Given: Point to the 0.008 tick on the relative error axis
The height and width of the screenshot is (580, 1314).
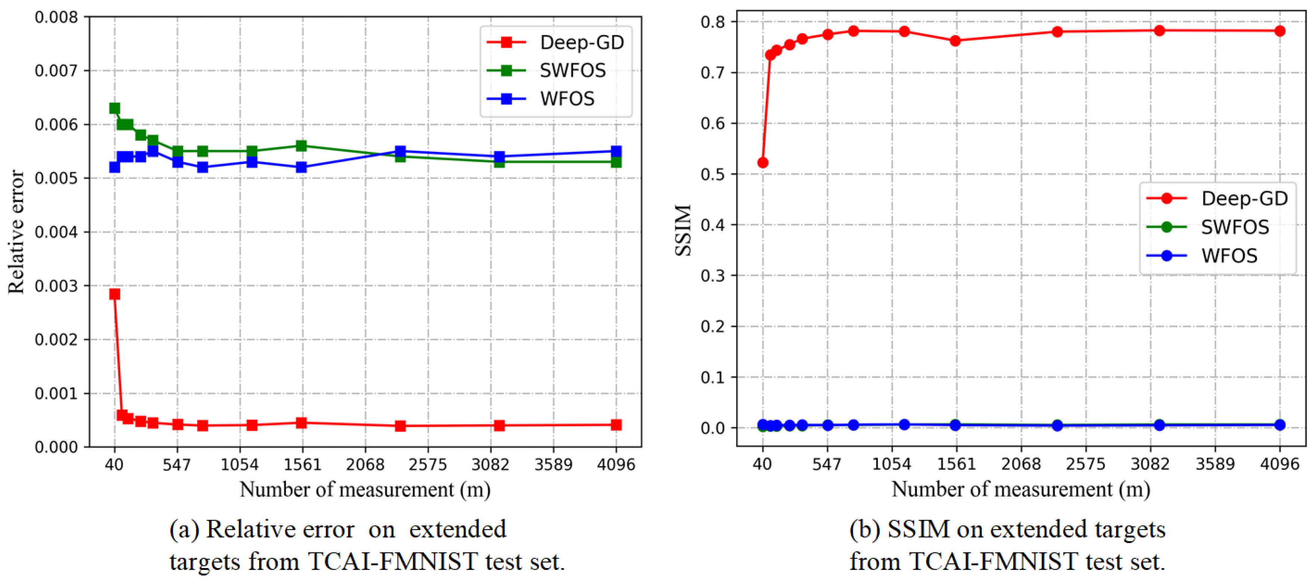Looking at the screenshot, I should point(56,17).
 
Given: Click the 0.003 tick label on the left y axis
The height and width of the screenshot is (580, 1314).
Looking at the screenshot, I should point(56,286).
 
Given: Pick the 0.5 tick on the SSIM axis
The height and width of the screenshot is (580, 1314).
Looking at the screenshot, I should point(713,174).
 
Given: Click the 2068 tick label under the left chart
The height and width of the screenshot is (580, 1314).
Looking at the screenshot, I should point(365,464).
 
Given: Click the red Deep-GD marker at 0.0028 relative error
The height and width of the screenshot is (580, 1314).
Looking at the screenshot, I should point(115,294).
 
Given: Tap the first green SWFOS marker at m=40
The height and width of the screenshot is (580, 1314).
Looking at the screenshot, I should point(115,108).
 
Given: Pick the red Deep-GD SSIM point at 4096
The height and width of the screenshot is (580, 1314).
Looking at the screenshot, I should point(1279,31).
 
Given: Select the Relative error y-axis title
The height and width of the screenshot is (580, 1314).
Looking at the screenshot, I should point(16,232).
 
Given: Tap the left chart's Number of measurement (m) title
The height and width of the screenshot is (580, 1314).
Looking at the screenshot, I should point(365,489).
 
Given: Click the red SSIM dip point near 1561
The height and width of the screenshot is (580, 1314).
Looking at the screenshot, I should point(955,41).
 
